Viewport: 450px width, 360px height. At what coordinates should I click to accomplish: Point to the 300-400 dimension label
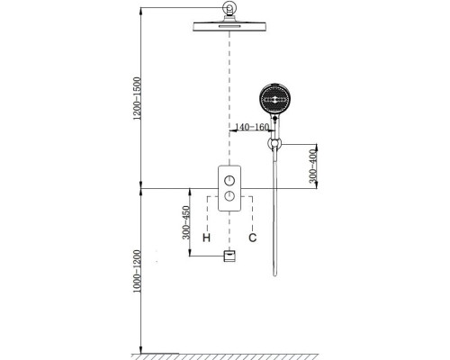[312, 165]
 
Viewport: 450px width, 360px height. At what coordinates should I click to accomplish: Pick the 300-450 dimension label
[186, 221]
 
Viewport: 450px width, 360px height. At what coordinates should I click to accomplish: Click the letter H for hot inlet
[206, 238]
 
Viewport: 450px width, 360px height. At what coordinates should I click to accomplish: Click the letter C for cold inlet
[253, 238]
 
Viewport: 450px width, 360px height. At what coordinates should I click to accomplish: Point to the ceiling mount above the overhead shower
[229, 12]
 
